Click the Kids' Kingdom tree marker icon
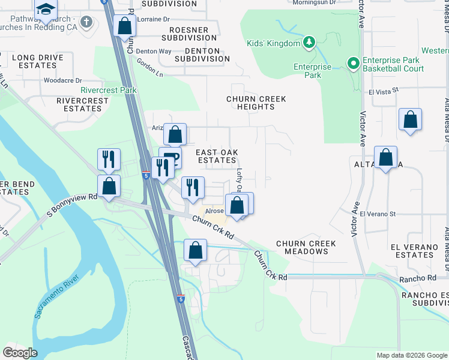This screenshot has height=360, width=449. tap(309, 42)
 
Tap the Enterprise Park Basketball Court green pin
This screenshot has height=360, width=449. tap(354, 62)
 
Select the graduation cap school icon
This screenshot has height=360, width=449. tap(46, 10)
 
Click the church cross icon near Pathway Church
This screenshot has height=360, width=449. tap(86, 23)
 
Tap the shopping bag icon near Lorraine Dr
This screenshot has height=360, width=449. tap(124, 26)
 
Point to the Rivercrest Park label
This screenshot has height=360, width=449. tap(109, 91)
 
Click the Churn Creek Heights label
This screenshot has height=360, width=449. tap(256, 103)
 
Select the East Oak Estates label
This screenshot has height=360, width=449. tap(217, 156)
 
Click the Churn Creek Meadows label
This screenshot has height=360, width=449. tap(306, 247)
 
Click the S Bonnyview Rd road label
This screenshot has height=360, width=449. tap(72, 205)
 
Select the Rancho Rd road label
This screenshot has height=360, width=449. tap(420, 279)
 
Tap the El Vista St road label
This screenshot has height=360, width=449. tap(385, 92)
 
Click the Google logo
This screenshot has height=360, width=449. tap(20, 352)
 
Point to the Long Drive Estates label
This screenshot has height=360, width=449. tap(38, 61)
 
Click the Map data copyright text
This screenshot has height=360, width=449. tap(411, 355)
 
